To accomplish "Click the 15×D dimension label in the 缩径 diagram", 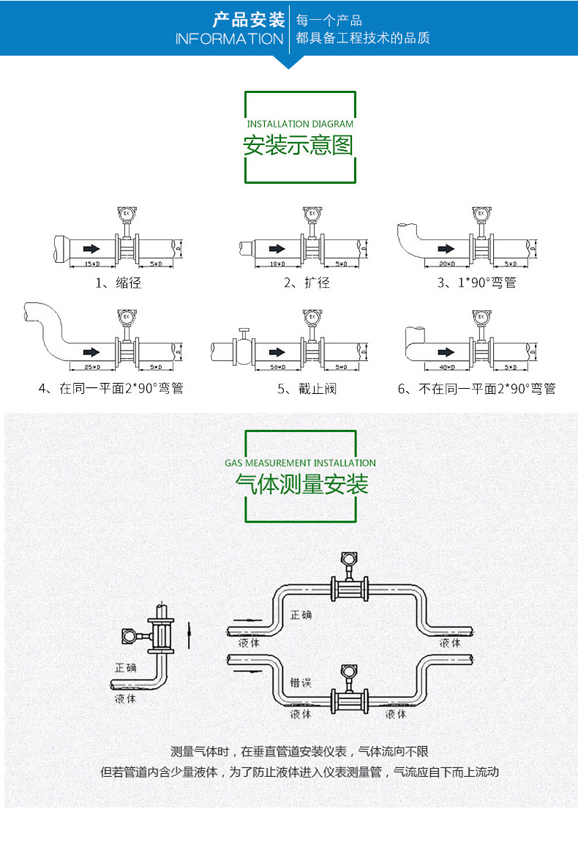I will point(91,263).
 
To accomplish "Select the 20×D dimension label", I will point(446,263).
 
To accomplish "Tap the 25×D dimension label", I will point(91,366).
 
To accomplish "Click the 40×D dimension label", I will point(446,366).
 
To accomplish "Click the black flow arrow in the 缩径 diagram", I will point(91,247).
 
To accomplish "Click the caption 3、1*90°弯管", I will point(476,283).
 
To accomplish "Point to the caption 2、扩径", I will point(307,283).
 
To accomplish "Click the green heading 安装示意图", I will point(299,145).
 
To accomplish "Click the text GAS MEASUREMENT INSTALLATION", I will point(300,463).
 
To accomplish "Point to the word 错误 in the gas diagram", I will point(300,682).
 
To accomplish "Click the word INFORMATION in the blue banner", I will point(229,39).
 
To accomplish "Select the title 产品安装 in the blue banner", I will point(249,19).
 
